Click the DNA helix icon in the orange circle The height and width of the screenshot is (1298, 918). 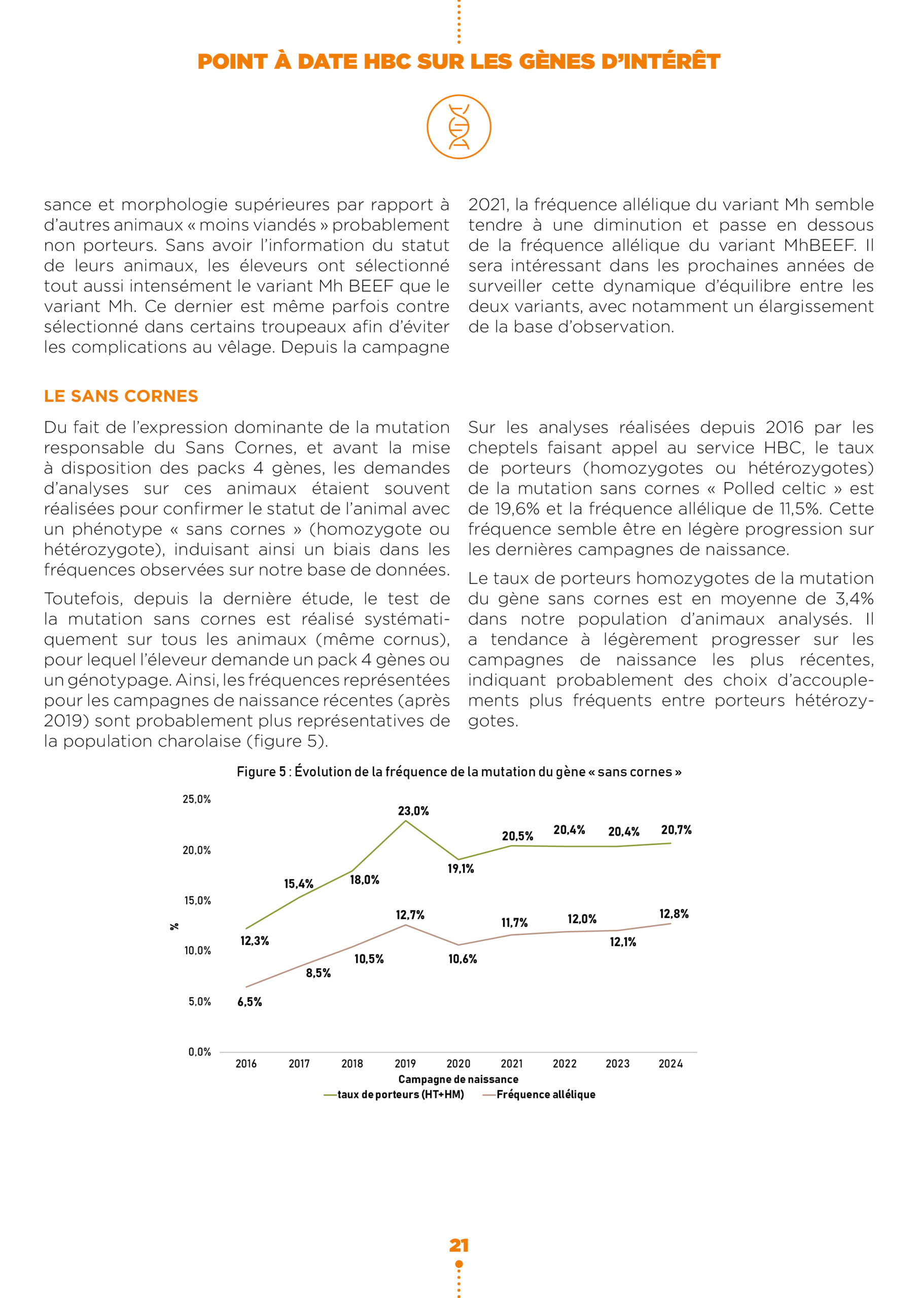pos(458,127)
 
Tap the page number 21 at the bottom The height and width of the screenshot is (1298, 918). pos(458,1245)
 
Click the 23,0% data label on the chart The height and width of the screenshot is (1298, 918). pos(413,811)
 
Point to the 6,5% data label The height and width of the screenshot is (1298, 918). pos(250,1002)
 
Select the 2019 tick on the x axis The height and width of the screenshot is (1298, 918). pos(405,1063)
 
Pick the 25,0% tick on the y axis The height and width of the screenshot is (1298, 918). pos(196,799)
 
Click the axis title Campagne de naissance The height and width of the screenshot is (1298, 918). pos(458,1079)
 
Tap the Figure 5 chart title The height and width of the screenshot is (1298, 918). pos(458,772)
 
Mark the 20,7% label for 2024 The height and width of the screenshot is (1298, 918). pos(677,830)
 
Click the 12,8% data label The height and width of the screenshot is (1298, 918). pos(674,914)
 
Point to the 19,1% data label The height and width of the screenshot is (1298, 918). pos(461,869)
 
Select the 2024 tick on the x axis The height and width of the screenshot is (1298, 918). pos(670,1063)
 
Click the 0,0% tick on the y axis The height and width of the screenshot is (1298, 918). pos(200,1052)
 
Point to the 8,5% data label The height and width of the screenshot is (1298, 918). pos(319,972)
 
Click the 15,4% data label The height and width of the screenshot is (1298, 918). pos(299,884)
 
